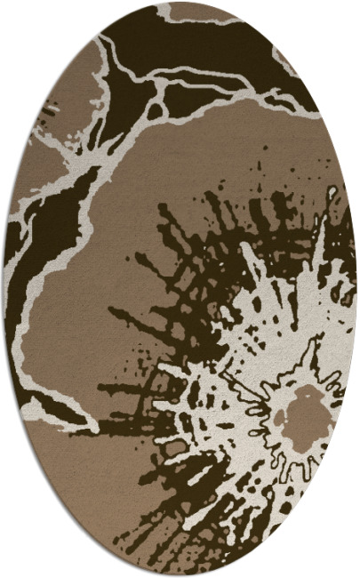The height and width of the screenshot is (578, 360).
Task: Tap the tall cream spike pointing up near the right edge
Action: coord(317,245)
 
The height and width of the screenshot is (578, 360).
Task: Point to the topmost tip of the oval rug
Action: coord(180,3)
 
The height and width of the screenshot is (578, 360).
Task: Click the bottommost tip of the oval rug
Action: coord(180,574)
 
